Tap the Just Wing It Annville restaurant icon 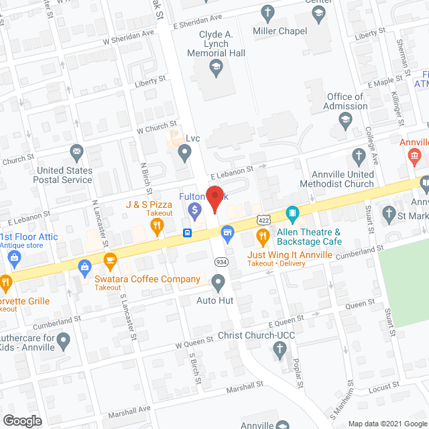tap(261, 237)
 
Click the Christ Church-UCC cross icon tap(280, 348)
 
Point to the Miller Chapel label tap(280, 31)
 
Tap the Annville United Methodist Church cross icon tap(359, 157)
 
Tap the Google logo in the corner tap(21, 420)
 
